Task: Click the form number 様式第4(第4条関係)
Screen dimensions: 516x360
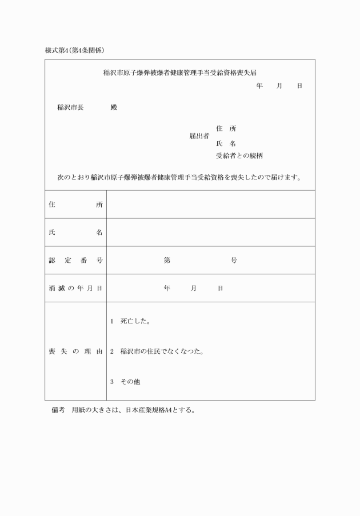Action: click(x=74, y=50)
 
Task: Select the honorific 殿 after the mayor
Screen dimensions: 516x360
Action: click(x=113, y=107)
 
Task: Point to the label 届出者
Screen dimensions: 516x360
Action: click(x=199, y=136)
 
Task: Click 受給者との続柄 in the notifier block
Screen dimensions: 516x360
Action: click(x=239, y=156)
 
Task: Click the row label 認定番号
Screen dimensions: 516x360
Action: click(x=75, y=261)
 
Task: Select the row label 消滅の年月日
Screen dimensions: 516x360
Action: click(x=75, y=288)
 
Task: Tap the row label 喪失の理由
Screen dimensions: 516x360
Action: click(x=75, y=351)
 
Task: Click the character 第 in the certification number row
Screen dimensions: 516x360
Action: click(x=167, y=261)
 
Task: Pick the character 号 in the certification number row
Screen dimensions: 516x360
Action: click(x=234, y=261)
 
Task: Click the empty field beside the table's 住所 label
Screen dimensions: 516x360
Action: click(x=210, y=205)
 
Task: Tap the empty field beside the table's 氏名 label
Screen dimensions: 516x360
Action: click(x=210, y=233)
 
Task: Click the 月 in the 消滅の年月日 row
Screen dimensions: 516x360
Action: click(x=194, y=288)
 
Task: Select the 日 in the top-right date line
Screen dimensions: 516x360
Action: click(x=299, y=86)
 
